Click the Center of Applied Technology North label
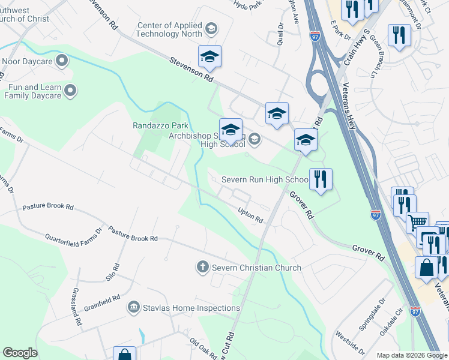click(170, 29)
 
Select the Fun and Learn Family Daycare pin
click(70, 91)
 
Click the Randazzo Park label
click(160, 126)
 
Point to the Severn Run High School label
click(265, 179)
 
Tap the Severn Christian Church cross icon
click(203, 267)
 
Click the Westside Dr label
click(350, 341)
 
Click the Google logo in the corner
click(20, 353)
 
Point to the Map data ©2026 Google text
click(411, 355)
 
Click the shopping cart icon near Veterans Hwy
click(417, 223)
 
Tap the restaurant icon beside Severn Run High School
click(321, 179)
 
